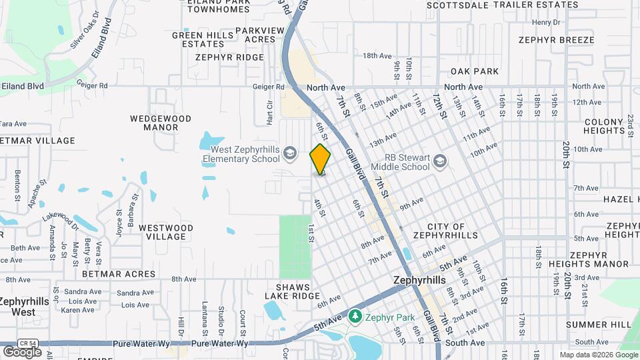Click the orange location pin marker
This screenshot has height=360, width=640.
coord(321,159)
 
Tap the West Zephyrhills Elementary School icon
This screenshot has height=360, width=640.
coord(289,154)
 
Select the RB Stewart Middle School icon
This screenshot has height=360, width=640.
coord(439,161)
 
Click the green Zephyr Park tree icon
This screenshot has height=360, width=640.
coord(355,315)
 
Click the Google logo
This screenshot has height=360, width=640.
coord(22,352)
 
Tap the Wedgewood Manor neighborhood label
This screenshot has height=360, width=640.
coord(161,123)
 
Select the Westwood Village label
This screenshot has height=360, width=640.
coord(166,232)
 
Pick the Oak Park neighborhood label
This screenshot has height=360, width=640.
coord(475,71)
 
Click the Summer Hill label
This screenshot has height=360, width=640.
coord(598,325)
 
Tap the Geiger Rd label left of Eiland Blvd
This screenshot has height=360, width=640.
coord(91,85)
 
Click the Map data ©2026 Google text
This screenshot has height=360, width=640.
coord(598,355)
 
